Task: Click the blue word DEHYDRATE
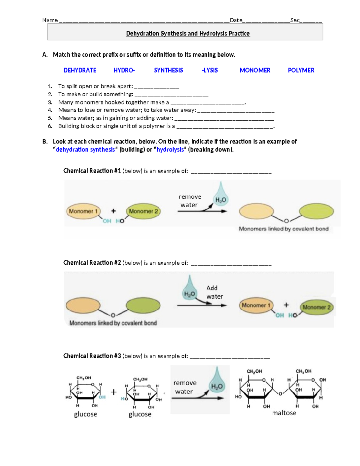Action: (80, 70)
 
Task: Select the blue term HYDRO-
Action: (124, 70)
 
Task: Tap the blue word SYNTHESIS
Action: (168, 70)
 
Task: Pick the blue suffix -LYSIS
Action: (210, 70)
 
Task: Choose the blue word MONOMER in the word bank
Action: (255, 70)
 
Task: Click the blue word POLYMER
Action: (301, 70)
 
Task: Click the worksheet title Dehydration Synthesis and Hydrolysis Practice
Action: (188, 33)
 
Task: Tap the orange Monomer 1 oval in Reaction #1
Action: (83, 211)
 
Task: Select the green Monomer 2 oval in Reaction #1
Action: (143, 211)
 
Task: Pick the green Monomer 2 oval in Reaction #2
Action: (316, 307)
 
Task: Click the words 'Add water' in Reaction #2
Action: (214, 292)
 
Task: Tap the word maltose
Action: (284, 413)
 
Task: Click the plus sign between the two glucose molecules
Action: (114, 392)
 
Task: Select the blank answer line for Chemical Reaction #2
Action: (231, 265)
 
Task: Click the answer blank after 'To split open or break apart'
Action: (157, 88)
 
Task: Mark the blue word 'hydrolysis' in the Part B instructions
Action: (170, 149)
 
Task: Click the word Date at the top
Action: (236, 20)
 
